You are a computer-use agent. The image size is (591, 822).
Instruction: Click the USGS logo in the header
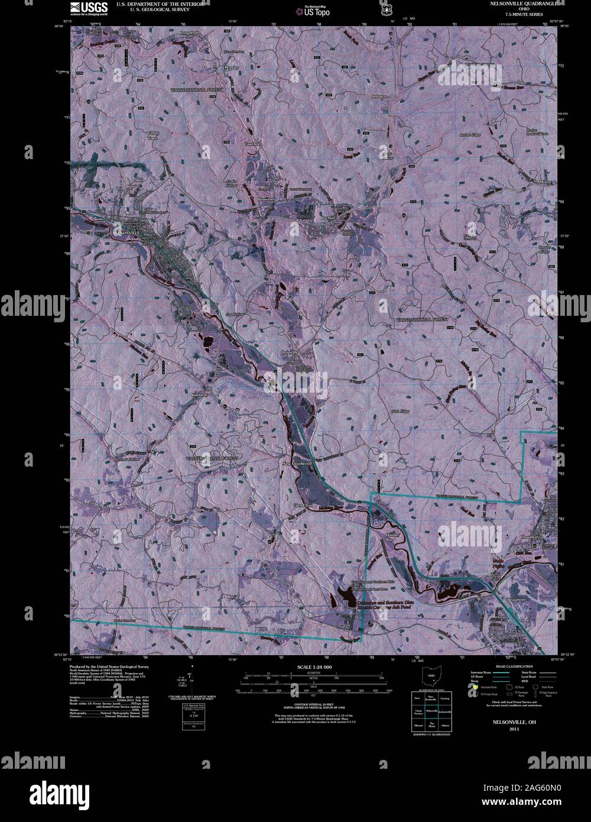[x=89, y=8]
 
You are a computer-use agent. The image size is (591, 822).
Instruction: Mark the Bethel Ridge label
[x=471, y=135]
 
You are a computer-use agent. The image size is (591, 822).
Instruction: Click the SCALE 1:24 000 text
[x=312, y=667]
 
